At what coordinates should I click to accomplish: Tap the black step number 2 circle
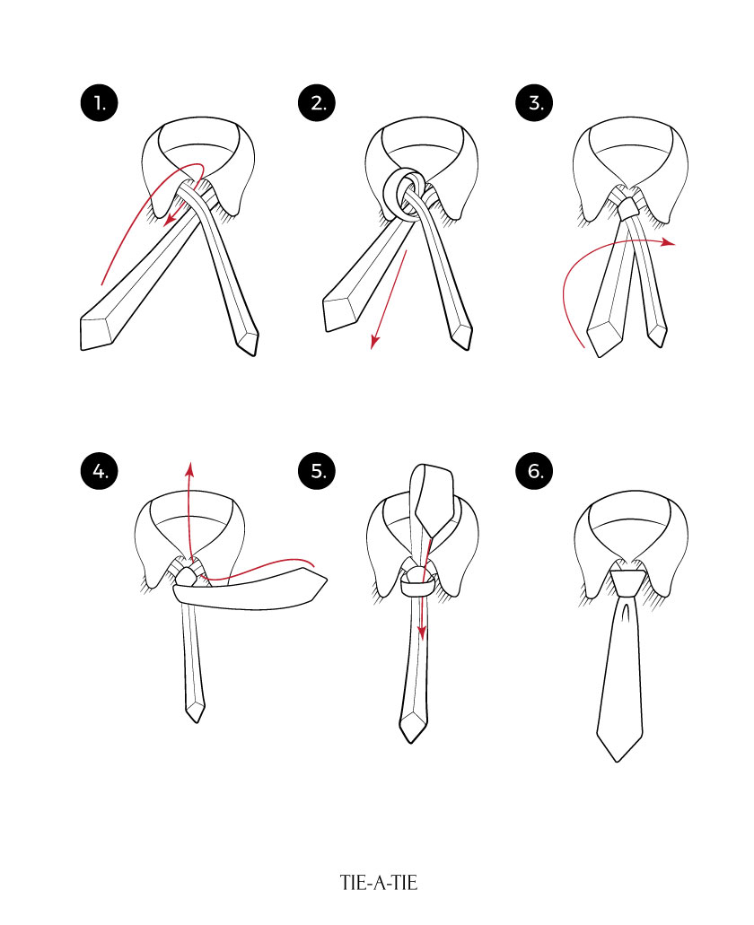317,103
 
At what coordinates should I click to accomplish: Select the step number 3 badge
536,103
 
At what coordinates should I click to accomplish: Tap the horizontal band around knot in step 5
418,589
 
